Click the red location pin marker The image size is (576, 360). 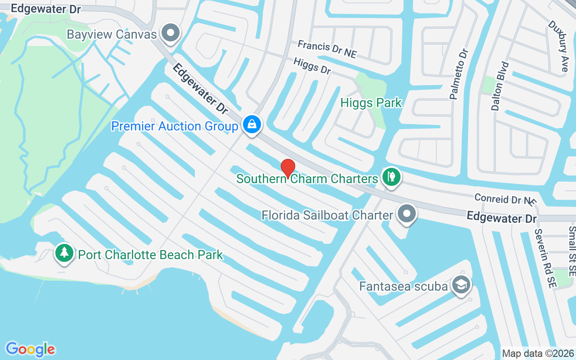point(288,168)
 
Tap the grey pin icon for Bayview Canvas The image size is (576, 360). point(171,33)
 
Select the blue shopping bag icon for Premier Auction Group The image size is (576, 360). point(252,124)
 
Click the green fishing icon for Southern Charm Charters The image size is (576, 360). point(391,177)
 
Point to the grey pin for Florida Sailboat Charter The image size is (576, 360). point(407,214)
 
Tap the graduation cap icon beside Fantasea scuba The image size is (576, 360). point(461,285)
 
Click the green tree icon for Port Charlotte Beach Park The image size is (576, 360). point(64,253)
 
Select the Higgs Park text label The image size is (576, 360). point(371,103)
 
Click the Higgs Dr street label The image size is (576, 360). point(312,66)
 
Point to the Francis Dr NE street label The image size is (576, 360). point(327,49)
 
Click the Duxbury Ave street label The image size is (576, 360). point(558,46)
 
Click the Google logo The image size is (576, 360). point(30,349)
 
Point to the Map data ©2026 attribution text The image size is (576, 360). point(538,353)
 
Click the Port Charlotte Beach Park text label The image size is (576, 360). point(150,255)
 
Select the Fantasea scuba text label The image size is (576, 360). point(403,286)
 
